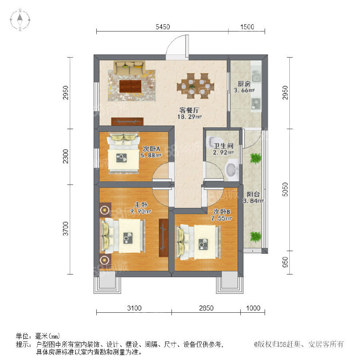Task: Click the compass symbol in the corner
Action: click(20, 20)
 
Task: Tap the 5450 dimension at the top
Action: click(163, 27)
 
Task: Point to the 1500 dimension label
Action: click(247, 27)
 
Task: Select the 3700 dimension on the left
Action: click(66, 229)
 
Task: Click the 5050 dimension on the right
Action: click(285, 189)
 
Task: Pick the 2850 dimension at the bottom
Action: click(206, 308)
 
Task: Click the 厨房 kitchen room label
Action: click(244, 84)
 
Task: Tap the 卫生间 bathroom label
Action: click(223, 146)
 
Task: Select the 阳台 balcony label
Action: click(253, 194)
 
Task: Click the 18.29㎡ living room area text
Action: click(189, 117)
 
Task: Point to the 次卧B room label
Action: click(222, 211)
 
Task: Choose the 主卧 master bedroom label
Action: click(141, 205)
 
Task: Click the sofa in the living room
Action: click(130, 68)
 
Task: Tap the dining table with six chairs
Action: click(195, 86)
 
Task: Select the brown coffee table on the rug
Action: click(130, 86)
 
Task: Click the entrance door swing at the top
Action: click(177, 47)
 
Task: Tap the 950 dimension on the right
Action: click(285, 262)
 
